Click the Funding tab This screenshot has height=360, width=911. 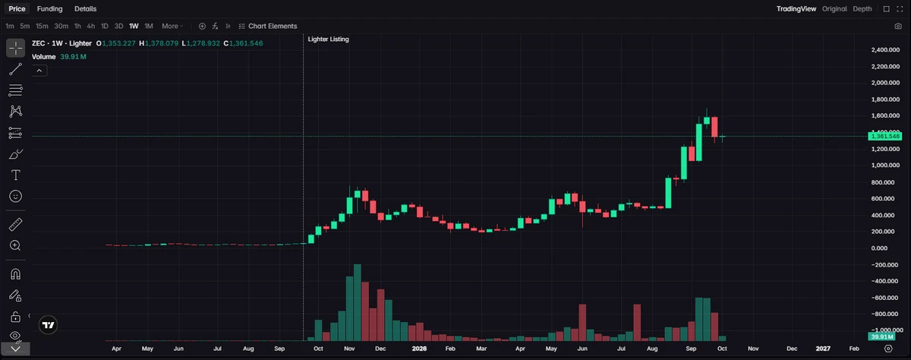click(x=49, y=9)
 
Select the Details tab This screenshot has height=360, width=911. click(x=85, y=9)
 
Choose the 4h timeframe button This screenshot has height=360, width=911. click(x=90, y=26)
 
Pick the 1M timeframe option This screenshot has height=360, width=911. click(x=149, y=26)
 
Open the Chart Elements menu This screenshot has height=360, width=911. click(x=267, y=26)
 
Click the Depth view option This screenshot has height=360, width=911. click(x=862, y=9)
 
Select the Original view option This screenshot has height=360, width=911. click(x=834, y=9)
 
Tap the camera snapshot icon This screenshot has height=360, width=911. click(x=898, y=26)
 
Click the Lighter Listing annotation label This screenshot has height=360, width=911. click(x=328, y=39)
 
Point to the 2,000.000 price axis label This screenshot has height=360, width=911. click(x=885, y=83)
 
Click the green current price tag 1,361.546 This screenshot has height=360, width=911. click(x=885, y=136)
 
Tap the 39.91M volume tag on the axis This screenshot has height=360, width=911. click(x=881, y=336)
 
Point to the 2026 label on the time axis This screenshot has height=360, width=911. click(x=419, y=349)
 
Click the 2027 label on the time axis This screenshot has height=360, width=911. click(x=823, y=349)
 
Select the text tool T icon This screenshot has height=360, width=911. click(x=15, y=175)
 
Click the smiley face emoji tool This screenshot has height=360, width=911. click(x=15, y=197)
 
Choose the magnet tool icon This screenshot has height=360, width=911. click(x=15, y=274)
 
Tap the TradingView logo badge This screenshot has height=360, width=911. click(x=48, y=325)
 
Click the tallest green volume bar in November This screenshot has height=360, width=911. click(x=358, y=302)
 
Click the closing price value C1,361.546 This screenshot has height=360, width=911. click(x=243, y=43)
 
